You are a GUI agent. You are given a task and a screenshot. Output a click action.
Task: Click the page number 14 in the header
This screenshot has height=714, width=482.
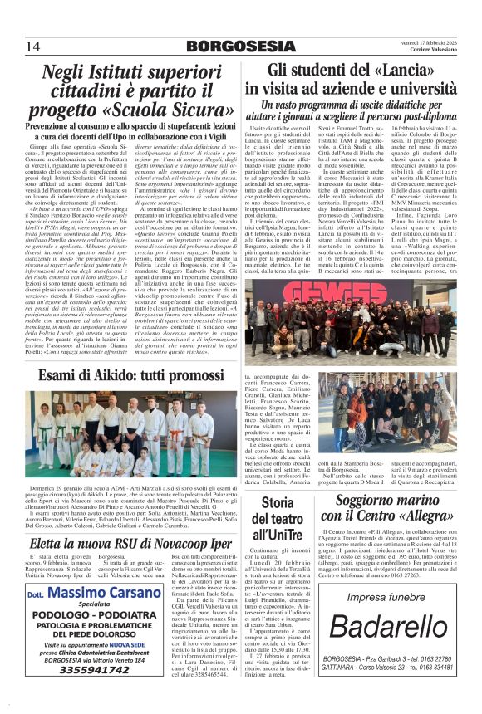pyautogui.click(x=32, y=46)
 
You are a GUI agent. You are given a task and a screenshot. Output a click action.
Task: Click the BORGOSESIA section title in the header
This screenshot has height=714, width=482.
pyautogui.click(x=240, y=46)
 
